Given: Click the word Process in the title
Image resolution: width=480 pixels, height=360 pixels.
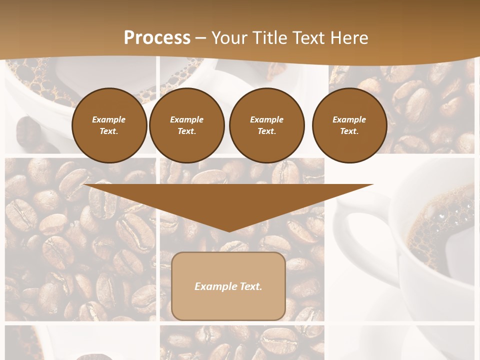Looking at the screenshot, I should click(157, 38).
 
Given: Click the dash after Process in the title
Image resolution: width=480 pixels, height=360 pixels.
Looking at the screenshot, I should click(200, 38).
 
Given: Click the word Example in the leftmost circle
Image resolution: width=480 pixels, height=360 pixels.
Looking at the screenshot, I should click(109, 119).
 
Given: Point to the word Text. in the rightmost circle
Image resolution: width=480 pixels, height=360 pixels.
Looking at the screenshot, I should click(349, 131).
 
